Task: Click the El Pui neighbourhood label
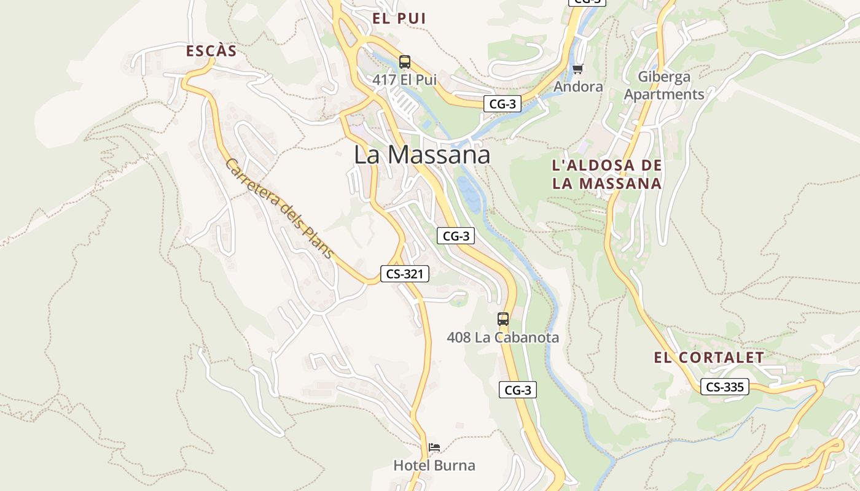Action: point(399,18)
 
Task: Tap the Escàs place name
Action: point(211,51)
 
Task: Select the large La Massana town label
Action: point(422,155)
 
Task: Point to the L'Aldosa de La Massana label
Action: point(607,174)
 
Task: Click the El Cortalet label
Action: point(709,358)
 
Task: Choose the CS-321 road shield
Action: point(404,274)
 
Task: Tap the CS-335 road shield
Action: point(725,387)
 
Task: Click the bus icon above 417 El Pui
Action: point(404,62)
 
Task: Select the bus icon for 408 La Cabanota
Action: point(503,319)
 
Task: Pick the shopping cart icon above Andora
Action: point(577,69)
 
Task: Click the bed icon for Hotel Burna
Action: point(434,447)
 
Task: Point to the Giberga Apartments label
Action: point(664,86)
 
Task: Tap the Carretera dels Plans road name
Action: point(279,209)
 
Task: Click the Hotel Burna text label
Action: point(434,465)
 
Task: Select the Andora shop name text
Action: point(578,87)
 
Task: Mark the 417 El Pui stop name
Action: point(404,80)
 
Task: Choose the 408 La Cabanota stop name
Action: point(503,338)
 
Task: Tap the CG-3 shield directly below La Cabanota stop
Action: point(517,390)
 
